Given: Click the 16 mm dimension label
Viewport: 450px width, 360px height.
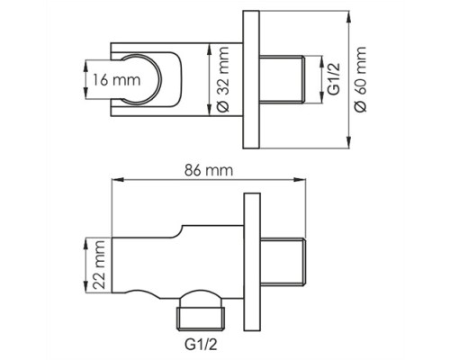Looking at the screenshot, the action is [116, 80].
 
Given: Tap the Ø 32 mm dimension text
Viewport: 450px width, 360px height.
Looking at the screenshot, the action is [222, 79].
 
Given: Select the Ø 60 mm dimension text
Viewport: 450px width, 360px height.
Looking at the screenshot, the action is [360, 79].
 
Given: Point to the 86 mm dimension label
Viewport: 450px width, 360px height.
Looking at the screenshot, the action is [209, 170].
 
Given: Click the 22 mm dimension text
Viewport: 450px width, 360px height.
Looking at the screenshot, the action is [99, 265].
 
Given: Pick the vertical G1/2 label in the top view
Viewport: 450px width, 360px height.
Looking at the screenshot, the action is [334, 79].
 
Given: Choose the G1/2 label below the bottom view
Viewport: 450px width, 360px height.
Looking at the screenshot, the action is [201, 345].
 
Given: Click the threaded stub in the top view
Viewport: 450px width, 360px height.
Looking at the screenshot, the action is [283, 79].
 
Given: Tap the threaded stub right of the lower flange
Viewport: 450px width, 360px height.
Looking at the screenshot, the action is [283, 261].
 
